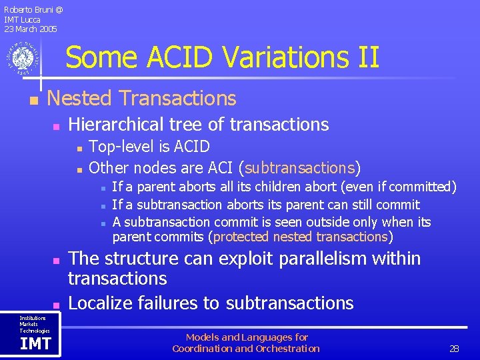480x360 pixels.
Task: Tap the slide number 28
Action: pyautogui.click(x=455, y=349)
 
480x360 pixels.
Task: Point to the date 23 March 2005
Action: pyautogui.click(x=31, y=29)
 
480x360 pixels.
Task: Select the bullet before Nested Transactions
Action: pyautogui.click(x=31, y=100)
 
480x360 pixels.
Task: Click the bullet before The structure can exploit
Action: pyautogui.click(x=57, y=260)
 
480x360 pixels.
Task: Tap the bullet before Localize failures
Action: pyautogui.click(x=57, y=305)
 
